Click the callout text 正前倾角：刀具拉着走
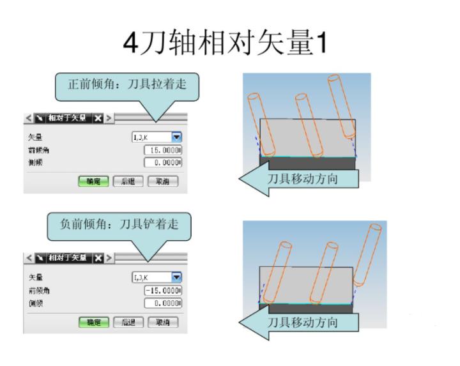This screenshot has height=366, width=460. pos(126,84)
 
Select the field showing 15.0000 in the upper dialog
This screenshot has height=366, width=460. pos(164,149)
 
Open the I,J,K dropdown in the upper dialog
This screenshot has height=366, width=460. pos(176,137)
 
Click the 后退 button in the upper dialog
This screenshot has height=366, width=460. pos(128,181)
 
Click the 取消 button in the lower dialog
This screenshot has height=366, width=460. pos(164,322)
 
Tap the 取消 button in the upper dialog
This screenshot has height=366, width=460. pos(164,181)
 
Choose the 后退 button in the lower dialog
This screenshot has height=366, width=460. pos(128,322)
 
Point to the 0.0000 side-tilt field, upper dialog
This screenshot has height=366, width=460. pos(164,162)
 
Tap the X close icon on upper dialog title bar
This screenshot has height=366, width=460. pos(98,119)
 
